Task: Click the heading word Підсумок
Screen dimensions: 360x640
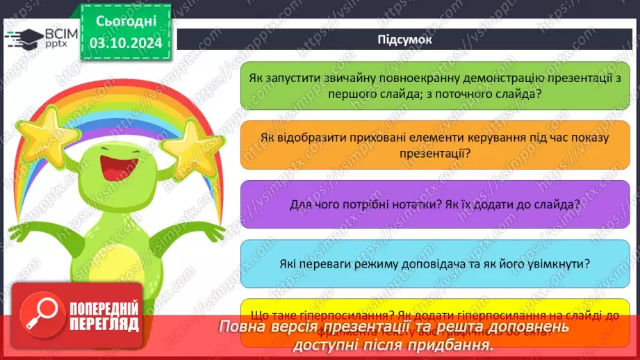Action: point(404,39)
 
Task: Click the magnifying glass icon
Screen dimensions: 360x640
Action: point(42,317)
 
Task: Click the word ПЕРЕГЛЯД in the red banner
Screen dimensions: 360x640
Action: point(103,325)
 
